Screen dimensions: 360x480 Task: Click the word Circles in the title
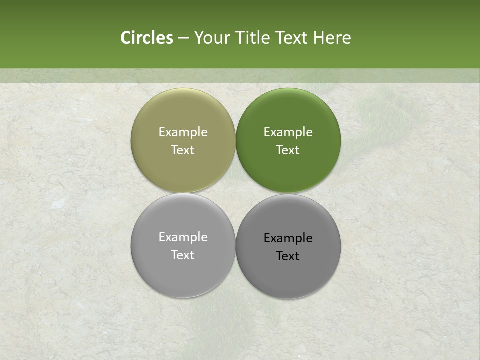tap(146, 38)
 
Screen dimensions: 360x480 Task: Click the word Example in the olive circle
tap(183, 132)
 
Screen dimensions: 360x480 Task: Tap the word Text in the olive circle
tap(183, 150)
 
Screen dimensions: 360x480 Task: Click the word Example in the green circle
tap(288, 132)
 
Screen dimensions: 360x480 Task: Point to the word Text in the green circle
tap(288, 150)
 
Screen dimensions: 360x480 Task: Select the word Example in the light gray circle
tap(183, 237)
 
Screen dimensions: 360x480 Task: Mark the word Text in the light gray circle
tap(183, 255)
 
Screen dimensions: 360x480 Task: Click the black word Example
tap(288, 238)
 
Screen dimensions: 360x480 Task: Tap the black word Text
tap(288, 256)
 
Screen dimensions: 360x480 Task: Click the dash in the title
tap(183, 38)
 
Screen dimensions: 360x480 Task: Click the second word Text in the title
tap(293, 38)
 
